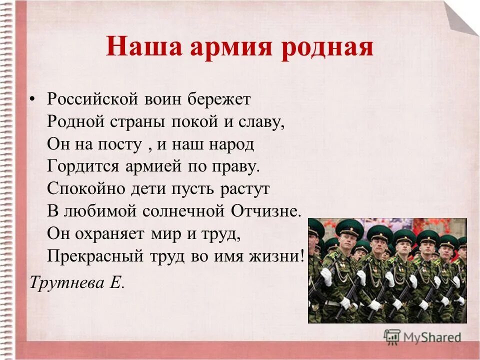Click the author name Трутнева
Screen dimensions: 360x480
pyautogui.click(x=64, y=282)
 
